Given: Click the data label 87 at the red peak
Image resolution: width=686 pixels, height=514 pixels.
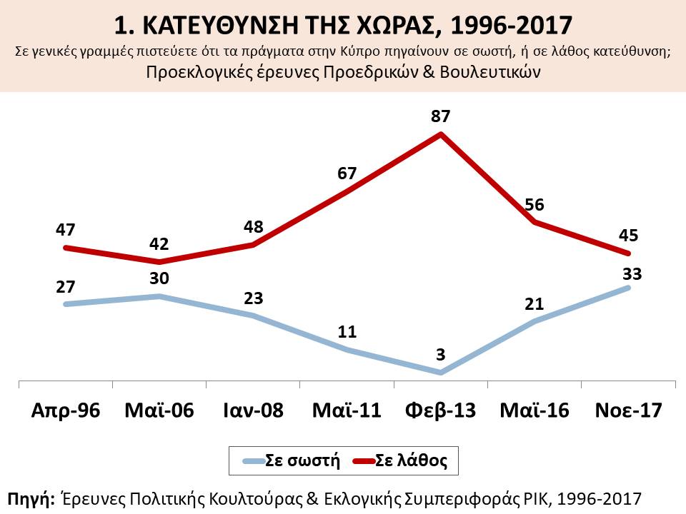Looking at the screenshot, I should coord(442,116).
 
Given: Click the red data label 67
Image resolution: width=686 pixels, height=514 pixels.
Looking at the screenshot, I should coord(347,173).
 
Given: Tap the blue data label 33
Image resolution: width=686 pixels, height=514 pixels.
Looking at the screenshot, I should coord(630,273).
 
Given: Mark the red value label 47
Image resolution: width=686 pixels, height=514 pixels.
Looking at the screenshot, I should coord(65,231).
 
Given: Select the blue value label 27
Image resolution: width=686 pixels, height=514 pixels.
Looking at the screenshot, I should coord(65,288).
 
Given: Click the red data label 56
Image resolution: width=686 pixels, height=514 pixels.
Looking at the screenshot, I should coord(535,205).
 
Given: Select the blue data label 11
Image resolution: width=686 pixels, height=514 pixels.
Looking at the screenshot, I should coord(347,333).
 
